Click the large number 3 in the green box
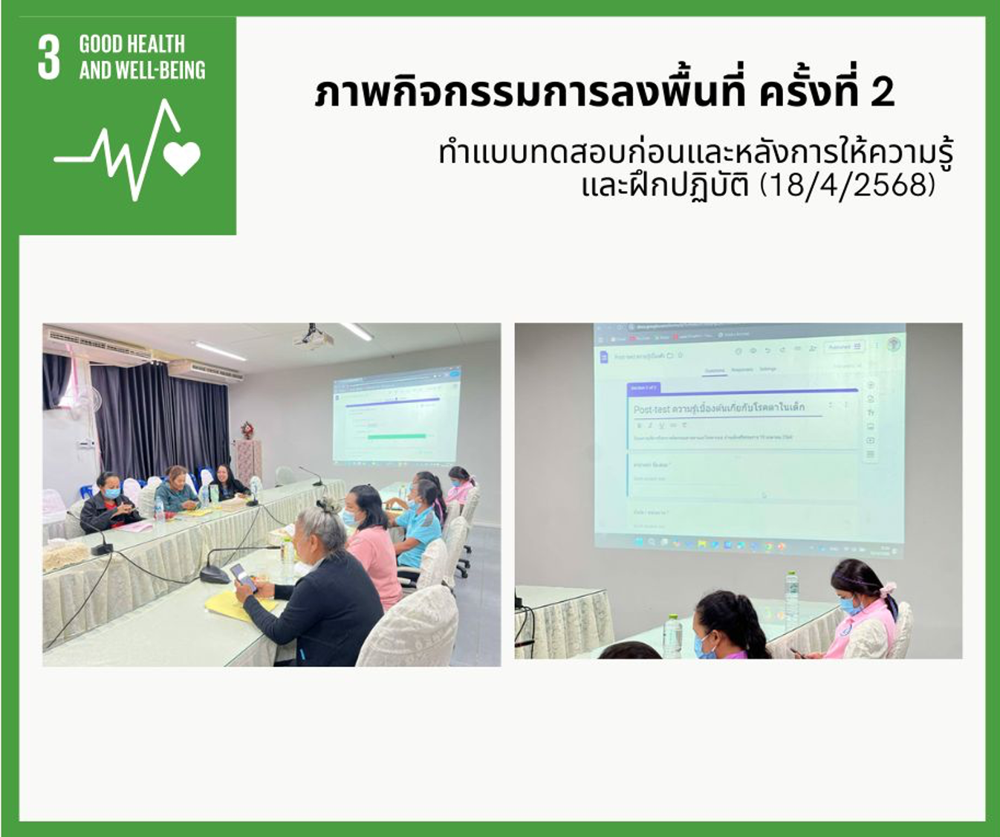point(48,57)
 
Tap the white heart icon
point(182,157)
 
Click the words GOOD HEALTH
point(132,44)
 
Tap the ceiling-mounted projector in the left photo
point(313,338)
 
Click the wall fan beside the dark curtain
point(87,401)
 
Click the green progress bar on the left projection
point(397,436)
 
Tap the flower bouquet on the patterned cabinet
point(247,430)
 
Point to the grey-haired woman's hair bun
point(328,506)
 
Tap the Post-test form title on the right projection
point(718,408)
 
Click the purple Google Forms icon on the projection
point(604,357)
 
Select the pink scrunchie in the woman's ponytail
point(886,590)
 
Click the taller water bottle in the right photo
point(791,595)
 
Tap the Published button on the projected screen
point(844,347)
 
